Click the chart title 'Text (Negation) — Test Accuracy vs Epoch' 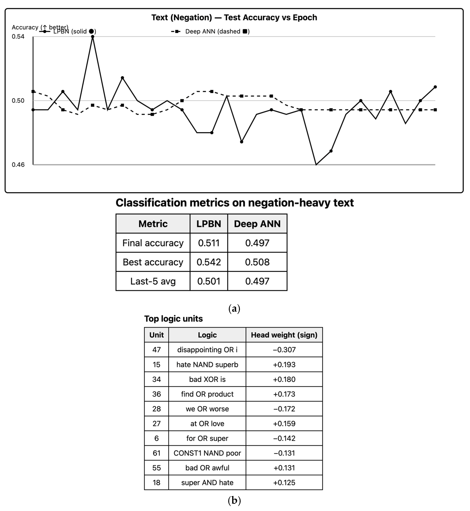click(x=234, y=18)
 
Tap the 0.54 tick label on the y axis click(x=18, y=37)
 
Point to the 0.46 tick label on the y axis click(x=18, y=165)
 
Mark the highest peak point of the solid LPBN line click(x=93, y=37)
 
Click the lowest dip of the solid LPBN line click(x=316, y=164)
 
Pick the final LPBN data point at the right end click(x=435, y=87)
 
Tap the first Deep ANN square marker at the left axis click(x=33, y=91)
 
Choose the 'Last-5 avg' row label click(x=153, y=281)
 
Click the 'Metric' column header click(x=153, y=224)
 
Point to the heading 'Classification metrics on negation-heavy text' click(x=234, y=203)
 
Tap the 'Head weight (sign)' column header click(x=284, y=335)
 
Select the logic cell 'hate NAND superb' click(x=207, y=365)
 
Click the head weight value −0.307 click(x=284, y=350)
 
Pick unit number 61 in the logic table click(x=156, y=453)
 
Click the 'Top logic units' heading click(x=173, y=319)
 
